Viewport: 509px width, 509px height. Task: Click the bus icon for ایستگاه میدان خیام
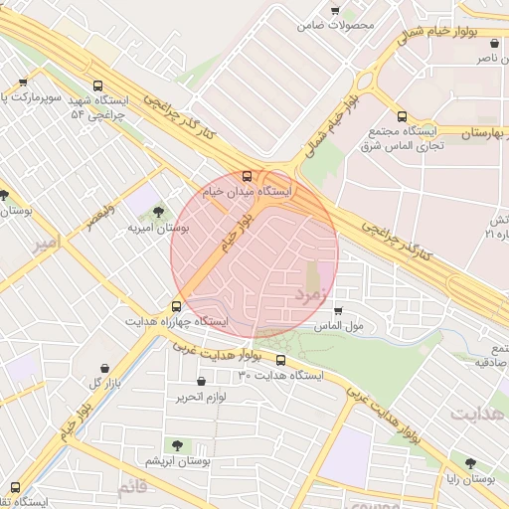point(248,176)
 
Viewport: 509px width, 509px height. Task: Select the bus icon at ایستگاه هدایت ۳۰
point(280,360)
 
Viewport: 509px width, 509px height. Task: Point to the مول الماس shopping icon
point(338,310)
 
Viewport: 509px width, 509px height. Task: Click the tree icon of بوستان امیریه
point(159,212)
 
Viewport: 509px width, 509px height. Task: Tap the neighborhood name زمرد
point(309,294)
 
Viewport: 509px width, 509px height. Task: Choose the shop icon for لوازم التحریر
point(202,381)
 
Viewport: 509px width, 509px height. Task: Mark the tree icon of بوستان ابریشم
point(178,445)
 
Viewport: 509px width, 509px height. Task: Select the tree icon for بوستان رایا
point(470,463)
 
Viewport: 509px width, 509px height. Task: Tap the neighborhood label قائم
point(131,487)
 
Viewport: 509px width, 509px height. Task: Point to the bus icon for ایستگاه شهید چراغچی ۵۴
point(96,86)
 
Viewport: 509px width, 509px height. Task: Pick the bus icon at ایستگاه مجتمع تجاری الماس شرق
point(402,116)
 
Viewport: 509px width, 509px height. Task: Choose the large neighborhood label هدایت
point(478,411)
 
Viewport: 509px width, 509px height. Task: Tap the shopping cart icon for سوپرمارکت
point(23,83)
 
